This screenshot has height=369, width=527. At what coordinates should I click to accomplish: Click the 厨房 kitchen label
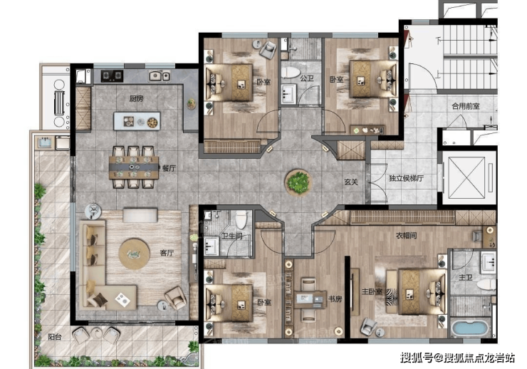tap(137, 98)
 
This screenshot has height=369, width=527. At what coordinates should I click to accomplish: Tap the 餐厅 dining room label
tap(169, 168)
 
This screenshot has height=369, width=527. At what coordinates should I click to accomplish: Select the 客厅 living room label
tap(167, 253)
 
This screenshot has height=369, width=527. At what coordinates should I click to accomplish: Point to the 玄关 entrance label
tap(351, 182)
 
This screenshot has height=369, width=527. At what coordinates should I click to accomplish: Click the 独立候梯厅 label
tap(407, 178)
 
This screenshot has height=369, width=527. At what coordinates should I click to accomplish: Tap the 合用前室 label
tap(466, 106)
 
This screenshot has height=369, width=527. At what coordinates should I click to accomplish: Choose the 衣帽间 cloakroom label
tap(407, 236)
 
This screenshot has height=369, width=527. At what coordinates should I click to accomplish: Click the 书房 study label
tap(335, 298)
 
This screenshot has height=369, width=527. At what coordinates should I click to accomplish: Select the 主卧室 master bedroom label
tap(372, 291)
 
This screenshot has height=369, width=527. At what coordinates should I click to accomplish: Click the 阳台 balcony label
tap(55, 336)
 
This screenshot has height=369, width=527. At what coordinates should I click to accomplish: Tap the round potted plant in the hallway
tap(298, 182)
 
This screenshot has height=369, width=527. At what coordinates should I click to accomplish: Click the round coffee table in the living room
tap(135, 254)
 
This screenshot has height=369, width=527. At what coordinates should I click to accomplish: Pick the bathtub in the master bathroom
tap(470, 328)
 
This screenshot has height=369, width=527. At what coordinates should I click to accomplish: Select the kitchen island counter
tap(137, 121)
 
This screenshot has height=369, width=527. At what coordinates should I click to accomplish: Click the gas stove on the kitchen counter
tap(113, 76)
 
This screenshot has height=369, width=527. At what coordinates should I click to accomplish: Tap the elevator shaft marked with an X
tap(468, 177)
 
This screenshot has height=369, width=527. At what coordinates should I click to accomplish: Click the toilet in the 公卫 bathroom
tap(291, 72)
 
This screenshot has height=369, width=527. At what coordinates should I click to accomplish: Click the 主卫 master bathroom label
tap(466, 277)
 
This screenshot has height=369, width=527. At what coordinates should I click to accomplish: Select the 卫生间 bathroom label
tap(231, 236)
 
